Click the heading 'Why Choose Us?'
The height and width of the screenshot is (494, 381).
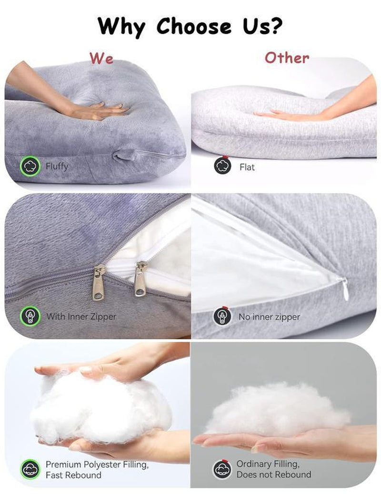coord(190,27)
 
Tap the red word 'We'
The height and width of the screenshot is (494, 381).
coord(101,58)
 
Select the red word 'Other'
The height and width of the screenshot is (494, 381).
coord(287,58)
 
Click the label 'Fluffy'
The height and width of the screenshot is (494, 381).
coord(57,166)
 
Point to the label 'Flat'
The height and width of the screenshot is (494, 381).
coord(247,167)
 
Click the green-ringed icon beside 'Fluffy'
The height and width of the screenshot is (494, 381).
coord(30,166)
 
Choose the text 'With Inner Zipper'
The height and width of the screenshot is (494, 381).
coord(81,316)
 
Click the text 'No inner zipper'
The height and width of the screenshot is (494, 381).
coord(269,317)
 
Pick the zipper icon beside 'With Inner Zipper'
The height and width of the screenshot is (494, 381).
coord(30,316)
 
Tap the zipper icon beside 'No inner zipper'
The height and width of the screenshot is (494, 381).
coord(222,316)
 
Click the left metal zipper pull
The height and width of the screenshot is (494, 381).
coord(99,282)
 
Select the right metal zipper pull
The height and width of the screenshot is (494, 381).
coord(141,279)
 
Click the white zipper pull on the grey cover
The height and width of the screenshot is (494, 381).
coord(344,288)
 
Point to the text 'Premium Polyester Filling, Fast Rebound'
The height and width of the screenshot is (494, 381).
coord(97,469)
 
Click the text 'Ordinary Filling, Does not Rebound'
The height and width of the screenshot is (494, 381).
coord(274,469)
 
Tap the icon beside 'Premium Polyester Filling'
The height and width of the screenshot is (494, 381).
coord(30,469)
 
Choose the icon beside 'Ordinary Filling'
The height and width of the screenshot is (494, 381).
coord(222,469)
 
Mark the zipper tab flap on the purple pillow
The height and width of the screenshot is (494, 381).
coord(124,155)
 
